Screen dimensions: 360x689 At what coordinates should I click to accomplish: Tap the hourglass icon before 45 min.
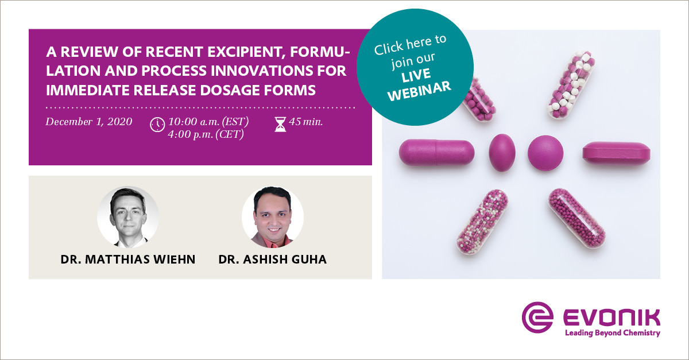point(280,124)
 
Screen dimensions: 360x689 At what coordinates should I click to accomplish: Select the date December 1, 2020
point(89,122)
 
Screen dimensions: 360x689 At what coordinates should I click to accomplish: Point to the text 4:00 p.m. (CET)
point(206,135)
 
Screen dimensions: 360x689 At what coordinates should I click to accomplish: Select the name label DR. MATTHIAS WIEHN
point(128,260)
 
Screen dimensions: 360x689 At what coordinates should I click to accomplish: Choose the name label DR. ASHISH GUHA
point(273,260)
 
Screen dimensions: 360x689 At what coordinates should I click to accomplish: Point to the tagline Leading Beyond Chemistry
point(612,333)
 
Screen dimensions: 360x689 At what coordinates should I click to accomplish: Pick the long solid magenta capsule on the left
point(437,153)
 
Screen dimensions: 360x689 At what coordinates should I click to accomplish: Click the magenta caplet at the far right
point(617,153)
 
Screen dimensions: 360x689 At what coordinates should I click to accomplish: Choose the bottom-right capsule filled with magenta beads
point(576,219)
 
